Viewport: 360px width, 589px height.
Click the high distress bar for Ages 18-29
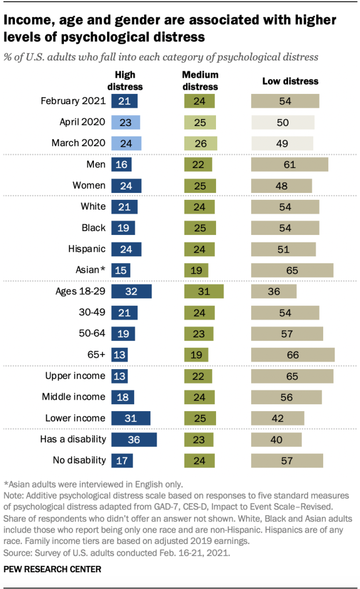(131, 291)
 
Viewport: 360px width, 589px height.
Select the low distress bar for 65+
(293, 355)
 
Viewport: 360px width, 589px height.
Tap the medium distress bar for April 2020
(200, 122)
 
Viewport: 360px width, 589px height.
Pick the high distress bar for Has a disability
(134, 439)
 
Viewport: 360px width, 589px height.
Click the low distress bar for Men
(289, 165)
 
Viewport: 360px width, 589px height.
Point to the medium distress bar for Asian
(196, 270)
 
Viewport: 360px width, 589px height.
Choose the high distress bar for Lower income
(131, 418)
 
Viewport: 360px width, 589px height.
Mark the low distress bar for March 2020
(282, 143)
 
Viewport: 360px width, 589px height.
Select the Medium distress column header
(200, 81)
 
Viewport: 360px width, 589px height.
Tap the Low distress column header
(290, 81)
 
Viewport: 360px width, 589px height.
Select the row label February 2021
(73, 101)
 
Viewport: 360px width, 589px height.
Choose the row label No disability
(78, 460)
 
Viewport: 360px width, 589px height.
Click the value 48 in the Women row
(281, 186)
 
